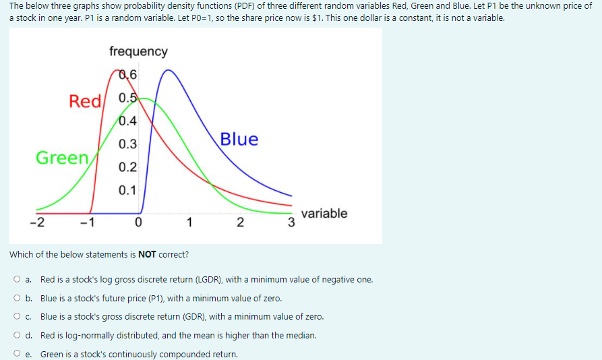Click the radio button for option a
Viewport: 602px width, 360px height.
point(16,279)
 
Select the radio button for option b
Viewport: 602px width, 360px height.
point(16,298)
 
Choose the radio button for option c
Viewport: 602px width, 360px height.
point(16,316)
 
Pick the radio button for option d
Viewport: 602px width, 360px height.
point(16,335)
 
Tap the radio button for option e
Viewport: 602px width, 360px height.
point(16,354)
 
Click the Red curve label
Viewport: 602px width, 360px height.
point(85,101)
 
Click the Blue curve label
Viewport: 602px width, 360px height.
point(239,139)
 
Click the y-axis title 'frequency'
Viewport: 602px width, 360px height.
point(138,51)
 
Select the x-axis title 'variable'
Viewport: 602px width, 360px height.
point(324,213)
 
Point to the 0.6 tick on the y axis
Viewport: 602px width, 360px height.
point(127,75)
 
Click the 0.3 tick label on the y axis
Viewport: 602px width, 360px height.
point(127,144)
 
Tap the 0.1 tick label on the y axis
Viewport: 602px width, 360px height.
point(127,190)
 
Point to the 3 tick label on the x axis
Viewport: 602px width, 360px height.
point(291,223)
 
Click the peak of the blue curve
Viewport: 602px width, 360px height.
point(169,70)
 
